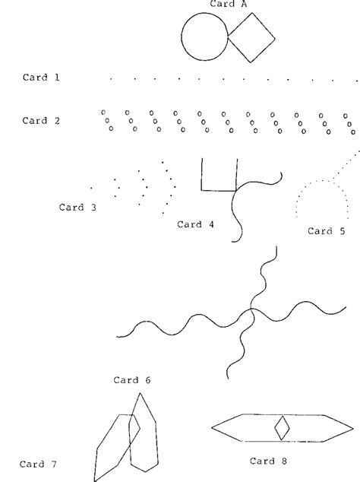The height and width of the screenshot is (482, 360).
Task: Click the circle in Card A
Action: pos(182,36)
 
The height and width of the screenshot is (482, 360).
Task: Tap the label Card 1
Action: pos(41,77)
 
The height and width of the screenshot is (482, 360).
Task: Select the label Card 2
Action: pos(41,120)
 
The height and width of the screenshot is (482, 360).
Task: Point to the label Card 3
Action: pos(77,208)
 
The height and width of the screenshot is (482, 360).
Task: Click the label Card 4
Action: pos(195,224)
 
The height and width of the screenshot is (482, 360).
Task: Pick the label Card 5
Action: pos(327,231)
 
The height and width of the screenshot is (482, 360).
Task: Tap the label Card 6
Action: pos(132,380)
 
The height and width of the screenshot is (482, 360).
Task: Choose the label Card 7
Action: pos(38,464)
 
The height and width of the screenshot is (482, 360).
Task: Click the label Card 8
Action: pos(268,461)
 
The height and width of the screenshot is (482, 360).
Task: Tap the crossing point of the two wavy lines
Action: pos(251,309)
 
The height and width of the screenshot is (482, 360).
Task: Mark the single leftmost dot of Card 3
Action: pos(91,188)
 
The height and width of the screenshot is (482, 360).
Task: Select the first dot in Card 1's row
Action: pos(111,79)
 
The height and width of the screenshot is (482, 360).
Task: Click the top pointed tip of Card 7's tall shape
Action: pos(140,393)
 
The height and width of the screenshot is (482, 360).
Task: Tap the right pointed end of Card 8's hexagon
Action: pos(353,428)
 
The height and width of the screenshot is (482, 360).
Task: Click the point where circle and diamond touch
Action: pos(228,36)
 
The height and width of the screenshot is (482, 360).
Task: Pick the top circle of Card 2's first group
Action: pos(103,113)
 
